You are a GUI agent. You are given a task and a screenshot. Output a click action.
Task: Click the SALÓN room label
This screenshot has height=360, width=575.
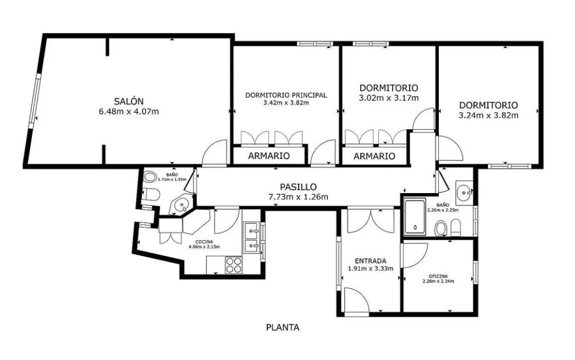pos(128,101)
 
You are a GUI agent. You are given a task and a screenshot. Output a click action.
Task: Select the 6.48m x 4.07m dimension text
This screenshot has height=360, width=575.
pos(129,112)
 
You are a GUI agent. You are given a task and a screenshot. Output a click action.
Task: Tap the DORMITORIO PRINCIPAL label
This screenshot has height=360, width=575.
pos(286,95)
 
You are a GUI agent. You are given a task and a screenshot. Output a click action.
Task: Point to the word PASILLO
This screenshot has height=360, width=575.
pos(299,187)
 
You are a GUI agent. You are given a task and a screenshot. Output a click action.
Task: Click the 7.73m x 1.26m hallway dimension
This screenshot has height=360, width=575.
pos(298,197)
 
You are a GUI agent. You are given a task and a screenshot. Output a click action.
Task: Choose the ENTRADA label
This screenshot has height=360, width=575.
pos(370,261)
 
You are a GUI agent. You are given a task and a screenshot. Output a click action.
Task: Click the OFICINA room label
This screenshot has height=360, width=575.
pos(438,276)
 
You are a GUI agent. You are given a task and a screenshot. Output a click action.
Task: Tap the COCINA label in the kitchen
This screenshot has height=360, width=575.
pos(204,242)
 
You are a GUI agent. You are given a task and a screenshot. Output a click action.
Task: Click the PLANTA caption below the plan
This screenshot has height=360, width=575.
pos(282,328)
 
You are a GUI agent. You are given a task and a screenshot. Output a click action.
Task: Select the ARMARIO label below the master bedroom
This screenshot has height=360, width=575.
pos(269,156)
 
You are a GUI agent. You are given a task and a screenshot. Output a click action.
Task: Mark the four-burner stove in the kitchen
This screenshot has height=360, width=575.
pos(234,265)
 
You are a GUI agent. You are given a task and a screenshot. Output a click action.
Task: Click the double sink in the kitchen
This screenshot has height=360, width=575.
pos(251,239)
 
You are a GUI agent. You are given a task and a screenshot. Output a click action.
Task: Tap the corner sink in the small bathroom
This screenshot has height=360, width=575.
pos(181,205)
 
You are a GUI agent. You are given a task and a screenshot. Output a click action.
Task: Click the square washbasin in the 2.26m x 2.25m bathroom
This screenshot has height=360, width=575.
pos(464,192)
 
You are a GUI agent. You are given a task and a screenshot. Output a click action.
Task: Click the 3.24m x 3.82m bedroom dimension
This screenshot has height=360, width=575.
pos(488,116)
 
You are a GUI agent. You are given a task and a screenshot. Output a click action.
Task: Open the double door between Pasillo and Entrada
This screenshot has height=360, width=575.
pos(371,220)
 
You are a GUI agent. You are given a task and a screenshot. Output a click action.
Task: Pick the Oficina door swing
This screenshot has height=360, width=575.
pos(415,255)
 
